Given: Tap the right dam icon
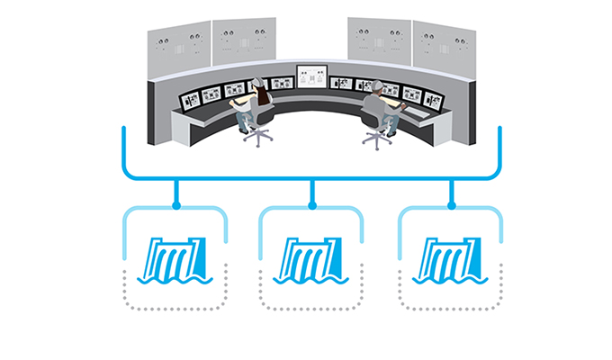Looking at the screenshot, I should [447, 260].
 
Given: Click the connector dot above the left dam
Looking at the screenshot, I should [176, 206].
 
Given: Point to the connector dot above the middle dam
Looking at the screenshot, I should [311, 206].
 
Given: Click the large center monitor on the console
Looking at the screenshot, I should [311, 77].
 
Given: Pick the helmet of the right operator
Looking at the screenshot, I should [378, 85].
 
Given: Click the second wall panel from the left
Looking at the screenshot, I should [243, 40].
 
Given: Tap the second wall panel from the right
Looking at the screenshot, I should [379, 40].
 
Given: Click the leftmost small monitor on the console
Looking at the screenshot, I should [192, 96].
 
